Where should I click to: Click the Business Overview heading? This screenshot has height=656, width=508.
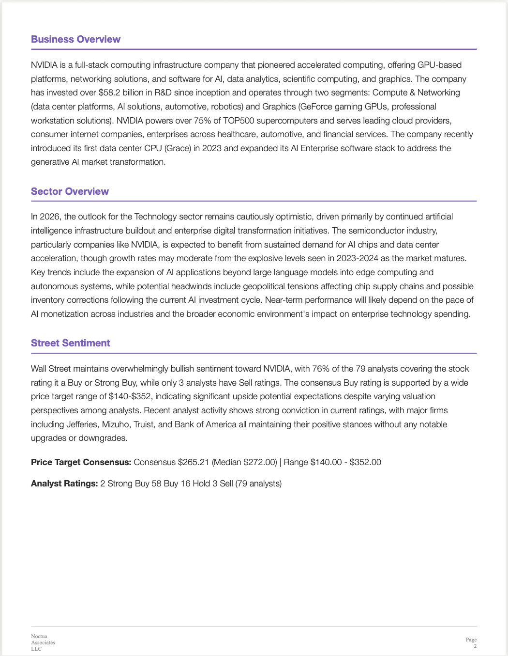(75, 39)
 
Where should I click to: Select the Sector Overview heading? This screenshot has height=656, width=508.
(70, 191)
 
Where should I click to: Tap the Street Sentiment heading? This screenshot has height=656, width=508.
(71, 343)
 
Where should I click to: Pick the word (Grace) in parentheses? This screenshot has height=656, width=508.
(178, 148)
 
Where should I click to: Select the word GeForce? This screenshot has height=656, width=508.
(318, 107)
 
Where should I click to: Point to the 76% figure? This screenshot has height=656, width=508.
(321, 369)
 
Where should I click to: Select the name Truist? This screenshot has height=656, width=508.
(144, 424)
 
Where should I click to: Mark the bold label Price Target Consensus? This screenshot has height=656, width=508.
(81, 462)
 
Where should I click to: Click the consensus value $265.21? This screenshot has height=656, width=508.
(194, 462)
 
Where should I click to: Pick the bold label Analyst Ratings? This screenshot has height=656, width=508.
(64, 484)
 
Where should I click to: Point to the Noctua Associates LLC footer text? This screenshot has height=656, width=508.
(43, 642)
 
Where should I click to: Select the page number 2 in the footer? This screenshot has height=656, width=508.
(475, 646)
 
